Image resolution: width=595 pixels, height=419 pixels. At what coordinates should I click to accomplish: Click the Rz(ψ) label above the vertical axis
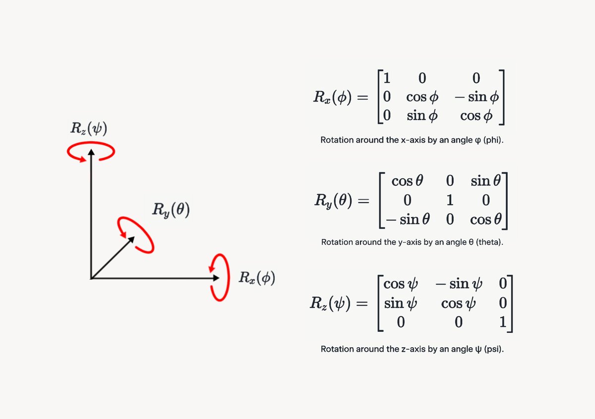pyautogui.click(x=87, y=131)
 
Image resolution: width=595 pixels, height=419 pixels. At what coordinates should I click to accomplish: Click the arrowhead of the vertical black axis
pyautogui.click(x=91, y=151)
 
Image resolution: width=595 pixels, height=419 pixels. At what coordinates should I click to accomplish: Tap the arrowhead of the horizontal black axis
pyautogui.click(x=216, y=278)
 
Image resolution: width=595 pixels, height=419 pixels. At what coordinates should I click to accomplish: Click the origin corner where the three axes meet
pyautogui.click(x=91, y=278)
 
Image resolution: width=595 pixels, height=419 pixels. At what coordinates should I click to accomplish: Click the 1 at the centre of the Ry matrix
pyautogui.click(x=449, y=201)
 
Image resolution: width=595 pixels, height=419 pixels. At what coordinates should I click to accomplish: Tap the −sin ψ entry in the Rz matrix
pyautogui.click(x=458, y=284)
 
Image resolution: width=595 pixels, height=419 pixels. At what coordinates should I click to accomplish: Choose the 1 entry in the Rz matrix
pyautogui.click(x=503, y=322)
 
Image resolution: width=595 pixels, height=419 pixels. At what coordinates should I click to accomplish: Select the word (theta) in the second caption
pyautogui.click(x=482, y=242)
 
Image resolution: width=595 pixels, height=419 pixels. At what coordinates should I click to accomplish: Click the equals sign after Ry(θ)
pyautogui.click(x=363, y=202)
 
